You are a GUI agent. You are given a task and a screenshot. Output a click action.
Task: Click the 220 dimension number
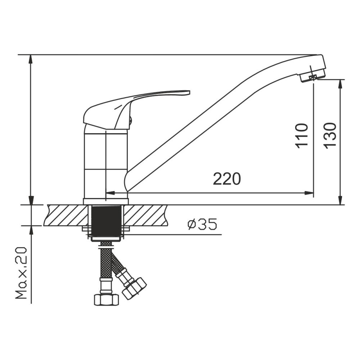[x=227, y=179]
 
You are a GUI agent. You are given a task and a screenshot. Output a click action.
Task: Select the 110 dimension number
[x=301, y=136]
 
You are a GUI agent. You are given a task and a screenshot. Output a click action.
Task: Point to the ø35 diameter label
[x=202, y=224]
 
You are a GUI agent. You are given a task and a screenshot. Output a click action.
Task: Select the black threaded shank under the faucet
[x=106, y=221]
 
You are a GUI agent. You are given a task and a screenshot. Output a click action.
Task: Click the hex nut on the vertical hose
[x=107, y=300]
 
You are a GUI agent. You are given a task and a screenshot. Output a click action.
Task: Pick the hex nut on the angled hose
[x=135, y=288]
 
